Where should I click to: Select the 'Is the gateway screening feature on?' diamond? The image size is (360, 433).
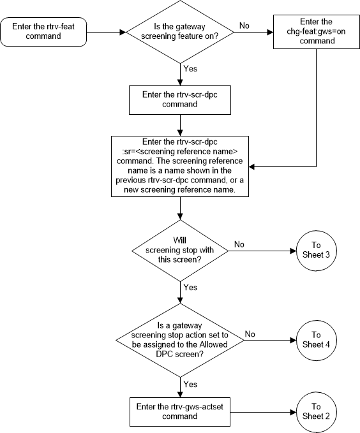pyautogui.click(x=181, y=30)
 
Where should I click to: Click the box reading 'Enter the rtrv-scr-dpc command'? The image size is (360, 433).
pyautogui.click(x=181, y=98)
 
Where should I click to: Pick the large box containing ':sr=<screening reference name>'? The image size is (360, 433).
pyautogui.click(x=181, y=166)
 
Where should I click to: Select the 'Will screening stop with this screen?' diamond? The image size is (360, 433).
pyautogui.click(x=181, y=251)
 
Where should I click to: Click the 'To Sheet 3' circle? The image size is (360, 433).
pyautogui.click(x=316, y=251)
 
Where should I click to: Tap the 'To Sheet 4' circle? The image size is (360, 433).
pyautogui.click(x=316, y=339)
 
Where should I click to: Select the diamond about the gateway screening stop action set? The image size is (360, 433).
pyautogui.click(x=181, y=339)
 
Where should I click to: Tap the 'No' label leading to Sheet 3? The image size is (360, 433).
pyautogui.click(x=239, y=244)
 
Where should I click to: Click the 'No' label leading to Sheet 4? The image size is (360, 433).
pyautogui.click(x=250, y=333)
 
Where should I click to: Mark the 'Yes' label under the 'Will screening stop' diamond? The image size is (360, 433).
pyautogui.click(x=190, y=287)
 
